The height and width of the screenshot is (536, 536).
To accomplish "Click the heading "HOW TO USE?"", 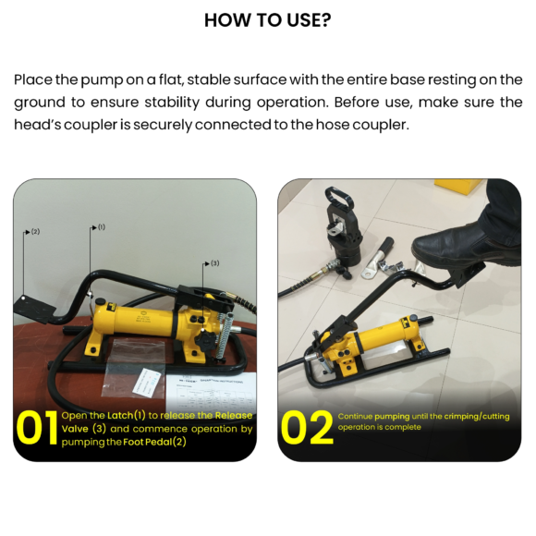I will point(267,19).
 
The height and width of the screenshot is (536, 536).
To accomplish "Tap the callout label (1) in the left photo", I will point(101,226).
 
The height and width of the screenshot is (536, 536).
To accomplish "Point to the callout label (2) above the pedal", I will point(34,232).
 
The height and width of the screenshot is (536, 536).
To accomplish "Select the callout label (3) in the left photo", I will point(214,263).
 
